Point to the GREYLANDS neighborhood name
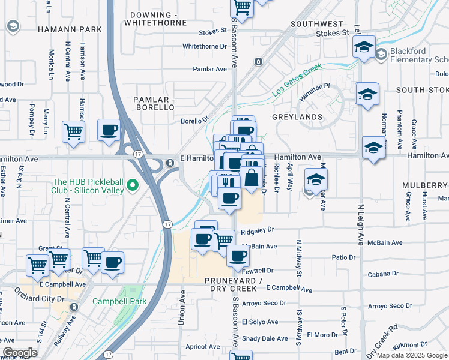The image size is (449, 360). (297, 116)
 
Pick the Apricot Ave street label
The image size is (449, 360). (203, 346)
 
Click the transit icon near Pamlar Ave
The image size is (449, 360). (258, 62)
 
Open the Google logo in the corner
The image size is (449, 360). (20, 352)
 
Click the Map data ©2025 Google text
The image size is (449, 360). (412, 355)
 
